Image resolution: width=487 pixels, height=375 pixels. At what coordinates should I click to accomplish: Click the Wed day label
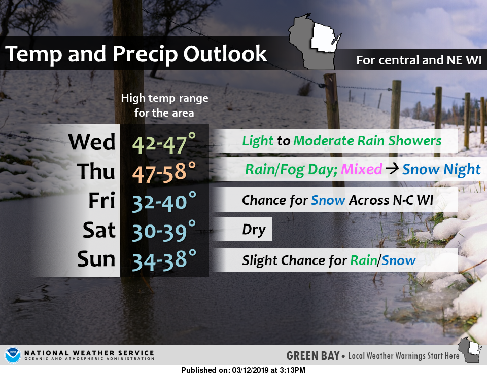click(x=92, y=142)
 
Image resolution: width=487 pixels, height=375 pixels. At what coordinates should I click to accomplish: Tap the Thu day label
click(x=96, y=171)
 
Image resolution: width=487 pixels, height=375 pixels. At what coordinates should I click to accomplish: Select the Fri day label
click(x=102, y=200)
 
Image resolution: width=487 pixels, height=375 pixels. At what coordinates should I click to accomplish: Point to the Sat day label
click(x=99, y=230)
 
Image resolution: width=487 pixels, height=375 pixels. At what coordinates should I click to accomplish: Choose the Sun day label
click(x=96, y=258)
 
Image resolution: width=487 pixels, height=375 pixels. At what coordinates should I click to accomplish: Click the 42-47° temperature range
click(x=164, y=143)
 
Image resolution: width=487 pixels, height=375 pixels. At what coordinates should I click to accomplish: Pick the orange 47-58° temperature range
click(x=164, y=172)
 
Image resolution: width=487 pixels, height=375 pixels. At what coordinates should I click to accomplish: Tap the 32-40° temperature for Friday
click(x=164, y=202)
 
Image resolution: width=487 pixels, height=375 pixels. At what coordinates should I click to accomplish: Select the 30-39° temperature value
click(x=164, y=231)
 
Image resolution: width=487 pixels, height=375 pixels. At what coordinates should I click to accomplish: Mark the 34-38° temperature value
click(x=164, y=260)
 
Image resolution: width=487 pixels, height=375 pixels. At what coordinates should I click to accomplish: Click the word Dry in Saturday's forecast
click(x=254, y=230)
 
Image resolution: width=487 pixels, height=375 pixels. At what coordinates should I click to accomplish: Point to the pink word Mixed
click(x=361, y=169)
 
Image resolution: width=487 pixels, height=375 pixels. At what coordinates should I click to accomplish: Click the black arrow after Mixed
click(x=392, y=169)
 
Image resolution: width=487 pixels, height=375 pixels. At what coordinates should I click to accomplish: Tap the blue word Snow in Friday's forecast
click(x=328, y=200)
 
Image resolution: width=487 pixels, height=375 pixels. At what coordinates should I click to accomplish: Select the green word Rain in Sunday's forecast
click(x=364, y=260)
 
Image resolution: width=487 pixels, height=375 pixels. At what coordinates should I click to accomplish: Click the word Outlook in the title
click(x=225, y=54)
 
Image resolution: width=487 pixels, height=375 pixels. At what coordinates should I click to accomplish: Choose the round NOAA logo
click(x=12, y=355)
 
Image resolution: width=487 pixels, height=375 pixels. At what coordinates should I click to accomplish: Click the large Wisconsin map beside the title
click(x=315, y=42)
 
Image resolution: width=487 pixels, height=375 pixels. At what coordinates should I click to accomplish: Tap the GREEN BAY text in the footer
click(x=313, y=355)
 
